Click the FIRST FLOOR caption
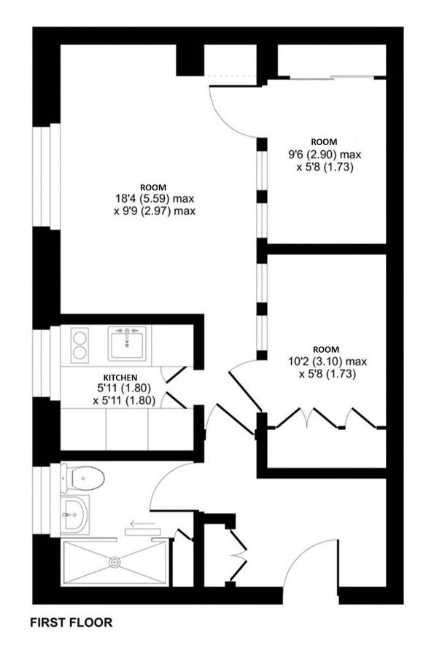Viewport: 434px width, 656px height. [71, 623]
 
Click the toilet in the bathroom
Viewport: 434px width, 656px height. [86, 479]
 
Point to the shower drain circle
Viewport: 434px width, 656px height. [115, 562]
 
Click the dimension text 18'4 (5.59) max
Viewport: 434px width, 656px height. [152, 198]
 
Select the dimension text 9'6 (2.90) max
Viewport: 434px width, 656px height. [325, 155]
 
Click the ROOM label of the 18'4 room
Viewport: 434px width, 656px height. [153, 187]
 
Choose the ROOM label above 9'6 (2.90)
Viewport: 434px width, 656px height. [324, 141]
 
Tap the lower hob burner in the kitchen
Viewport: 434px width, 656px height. [80, 354]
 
